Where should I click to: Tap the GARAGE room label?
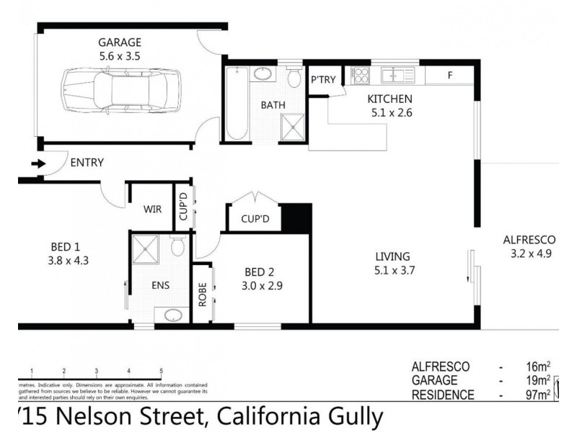[x=120, y=42]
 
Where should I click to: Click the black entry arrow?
[x=38, y=163]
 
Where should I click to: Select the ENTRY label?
[x=87, y=163]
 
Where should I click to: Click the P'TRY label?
[x=323, y=80]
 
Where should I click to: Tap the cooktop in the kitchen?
[x=359, y=74]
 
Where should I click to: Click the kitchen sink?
[x=397, y=74]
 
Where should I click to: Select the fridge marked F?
[x=450, y=75]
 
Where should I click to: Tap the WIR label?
[x=152, y=210]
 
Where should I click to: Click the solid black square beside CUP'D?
[x=296, y=217]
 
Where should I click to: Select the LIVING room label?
[x=392, y=256]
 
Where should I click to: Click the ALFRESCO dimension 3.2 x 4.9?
[x=530, y=253]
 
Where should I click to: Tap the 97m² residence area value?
[x=537, y=395]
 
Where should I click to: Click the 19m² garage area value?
[x=537, y=381]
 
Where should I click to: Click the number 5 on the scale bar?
[x=161, y=371]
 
